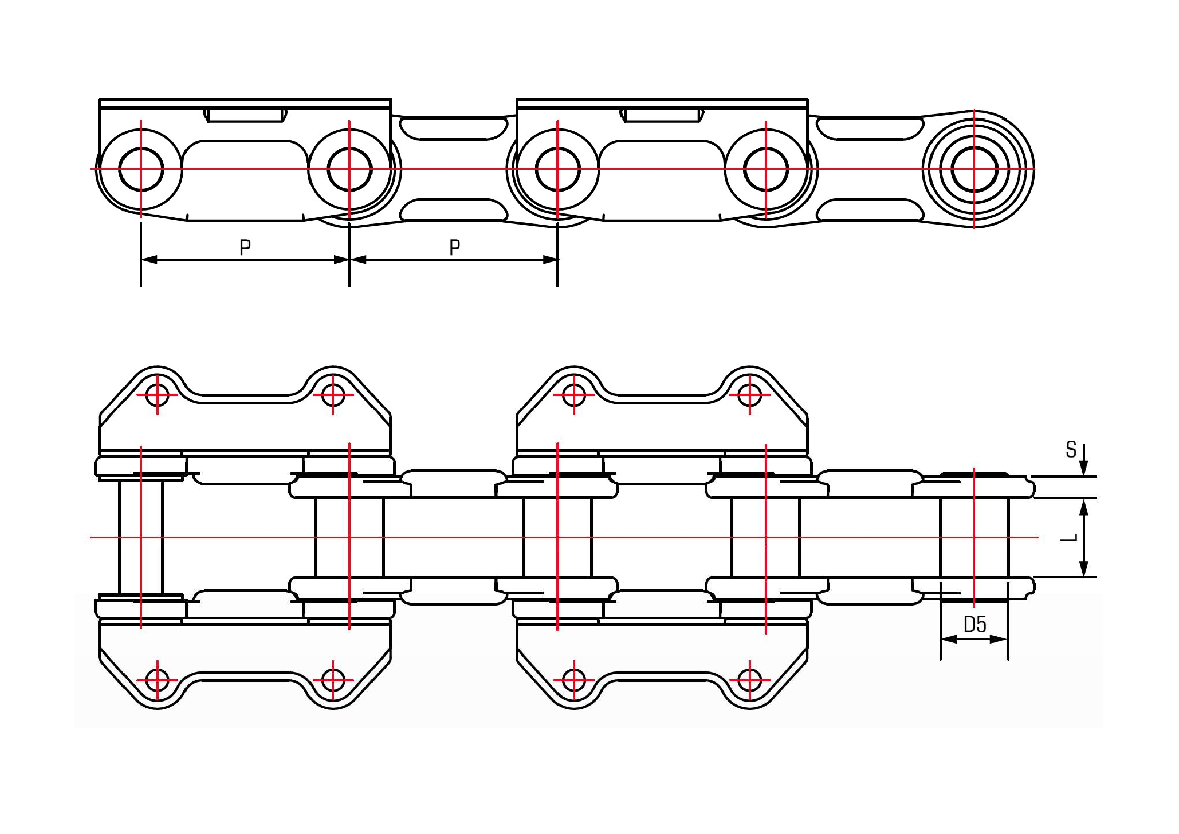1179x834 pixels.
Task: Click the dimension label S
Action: (1071, 450)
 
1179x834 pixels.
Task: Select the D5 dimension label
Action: (975, 624)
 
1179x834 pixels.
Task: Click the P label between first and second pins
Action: (245, 248)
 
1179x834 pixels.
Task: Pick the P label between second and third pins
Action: (454, 248)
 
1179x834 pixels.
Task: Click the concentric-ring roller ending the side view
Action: (974, 169)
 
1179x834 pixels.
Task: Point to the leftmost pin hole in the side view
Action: (141, 169)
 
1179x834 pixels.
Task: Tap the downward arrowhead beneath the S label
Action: (1084, 470)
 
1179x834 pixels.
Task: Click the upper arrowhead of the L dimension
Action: (1084, 506)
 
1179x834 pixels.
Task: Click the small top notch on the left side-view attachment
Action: (246, 115)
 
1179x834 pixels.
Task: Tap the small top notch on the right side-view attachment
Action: (662, 115)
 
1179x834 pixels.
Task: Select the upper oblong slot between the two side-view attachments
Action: (454, 128)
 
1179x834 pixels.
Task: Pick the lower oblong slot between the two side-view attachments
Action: (454, 210)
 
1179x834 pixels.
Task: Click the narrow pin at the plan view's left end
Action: (141, 537)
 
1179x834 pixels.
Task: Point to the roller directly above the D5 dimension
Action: (974, 537)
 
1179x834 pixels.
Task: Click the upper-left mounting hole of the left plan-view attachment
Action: (157, 395)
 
